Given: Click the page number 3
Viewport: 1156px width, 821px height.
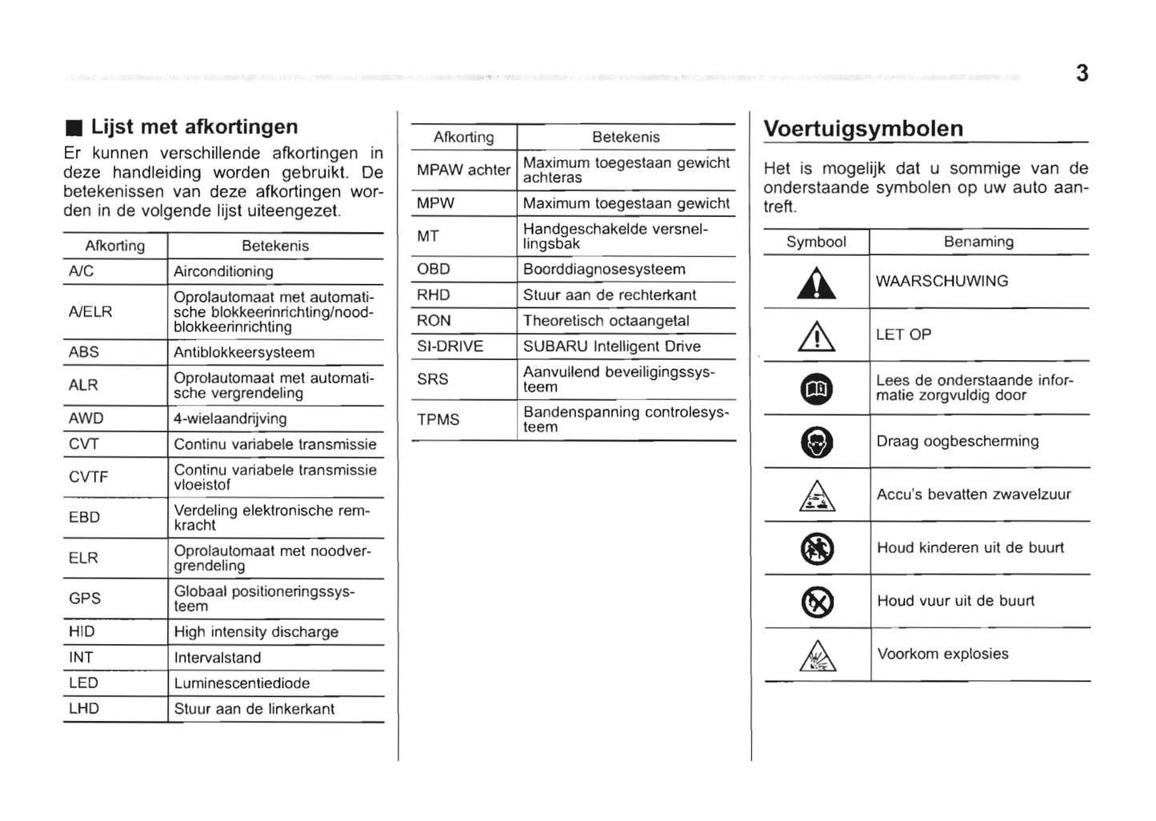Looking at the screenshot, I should [1082, 74].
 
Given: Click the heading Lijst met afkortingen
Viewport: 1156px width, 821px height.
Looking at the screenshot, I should [194, 127].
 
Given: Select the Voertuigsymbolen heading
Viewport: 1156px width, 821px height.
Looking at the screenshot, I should [863, 129].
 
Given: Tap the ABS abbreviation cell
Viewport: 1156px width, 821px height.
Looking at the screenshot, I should [84, 352].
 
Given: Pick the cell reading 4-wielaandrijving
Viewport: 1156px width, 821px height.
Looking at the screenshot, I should [230, 419].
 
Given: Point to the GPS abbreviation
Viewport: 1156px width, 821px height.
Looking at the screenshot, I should [85, 599].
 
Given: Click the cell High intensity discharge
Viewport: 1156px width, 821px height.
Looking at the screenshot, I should [256, 632].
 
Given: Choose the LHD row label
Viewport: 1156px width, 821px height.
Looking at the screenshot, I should [83, 709].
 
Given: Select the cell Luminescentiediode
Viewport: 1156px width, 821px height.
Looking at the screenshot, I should [242, 683].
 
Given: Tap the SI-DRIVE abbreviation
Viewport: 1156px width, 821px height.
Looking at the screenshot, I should [450, 346].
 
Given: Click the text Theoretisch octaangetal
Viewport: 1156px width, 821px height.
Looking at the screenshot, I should [606, 321].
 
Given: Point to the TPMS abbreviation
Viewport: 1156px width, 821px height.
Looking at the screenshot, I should [438, 419].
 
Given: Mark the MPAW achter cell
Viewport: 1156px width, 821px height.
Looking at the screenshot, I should [463, 170].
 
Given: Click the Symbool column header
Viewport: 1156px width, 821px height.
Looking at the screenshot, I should [816, 242].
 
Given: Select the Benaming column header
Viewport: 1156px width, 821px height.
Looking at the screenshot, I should [978, 242].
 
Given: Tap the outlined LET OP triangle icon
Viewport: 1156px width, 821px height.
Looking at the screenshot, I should [817, 337].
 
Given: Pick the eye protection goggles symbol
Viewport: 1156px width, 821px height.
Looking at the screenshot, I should [817, 443].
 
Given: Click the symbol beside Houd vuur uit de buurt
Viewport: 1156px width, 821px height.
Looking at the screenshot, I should [817, 602].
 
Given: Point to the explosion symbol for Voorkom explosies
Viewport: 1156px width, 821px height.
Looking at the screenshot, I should [817, 657].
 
